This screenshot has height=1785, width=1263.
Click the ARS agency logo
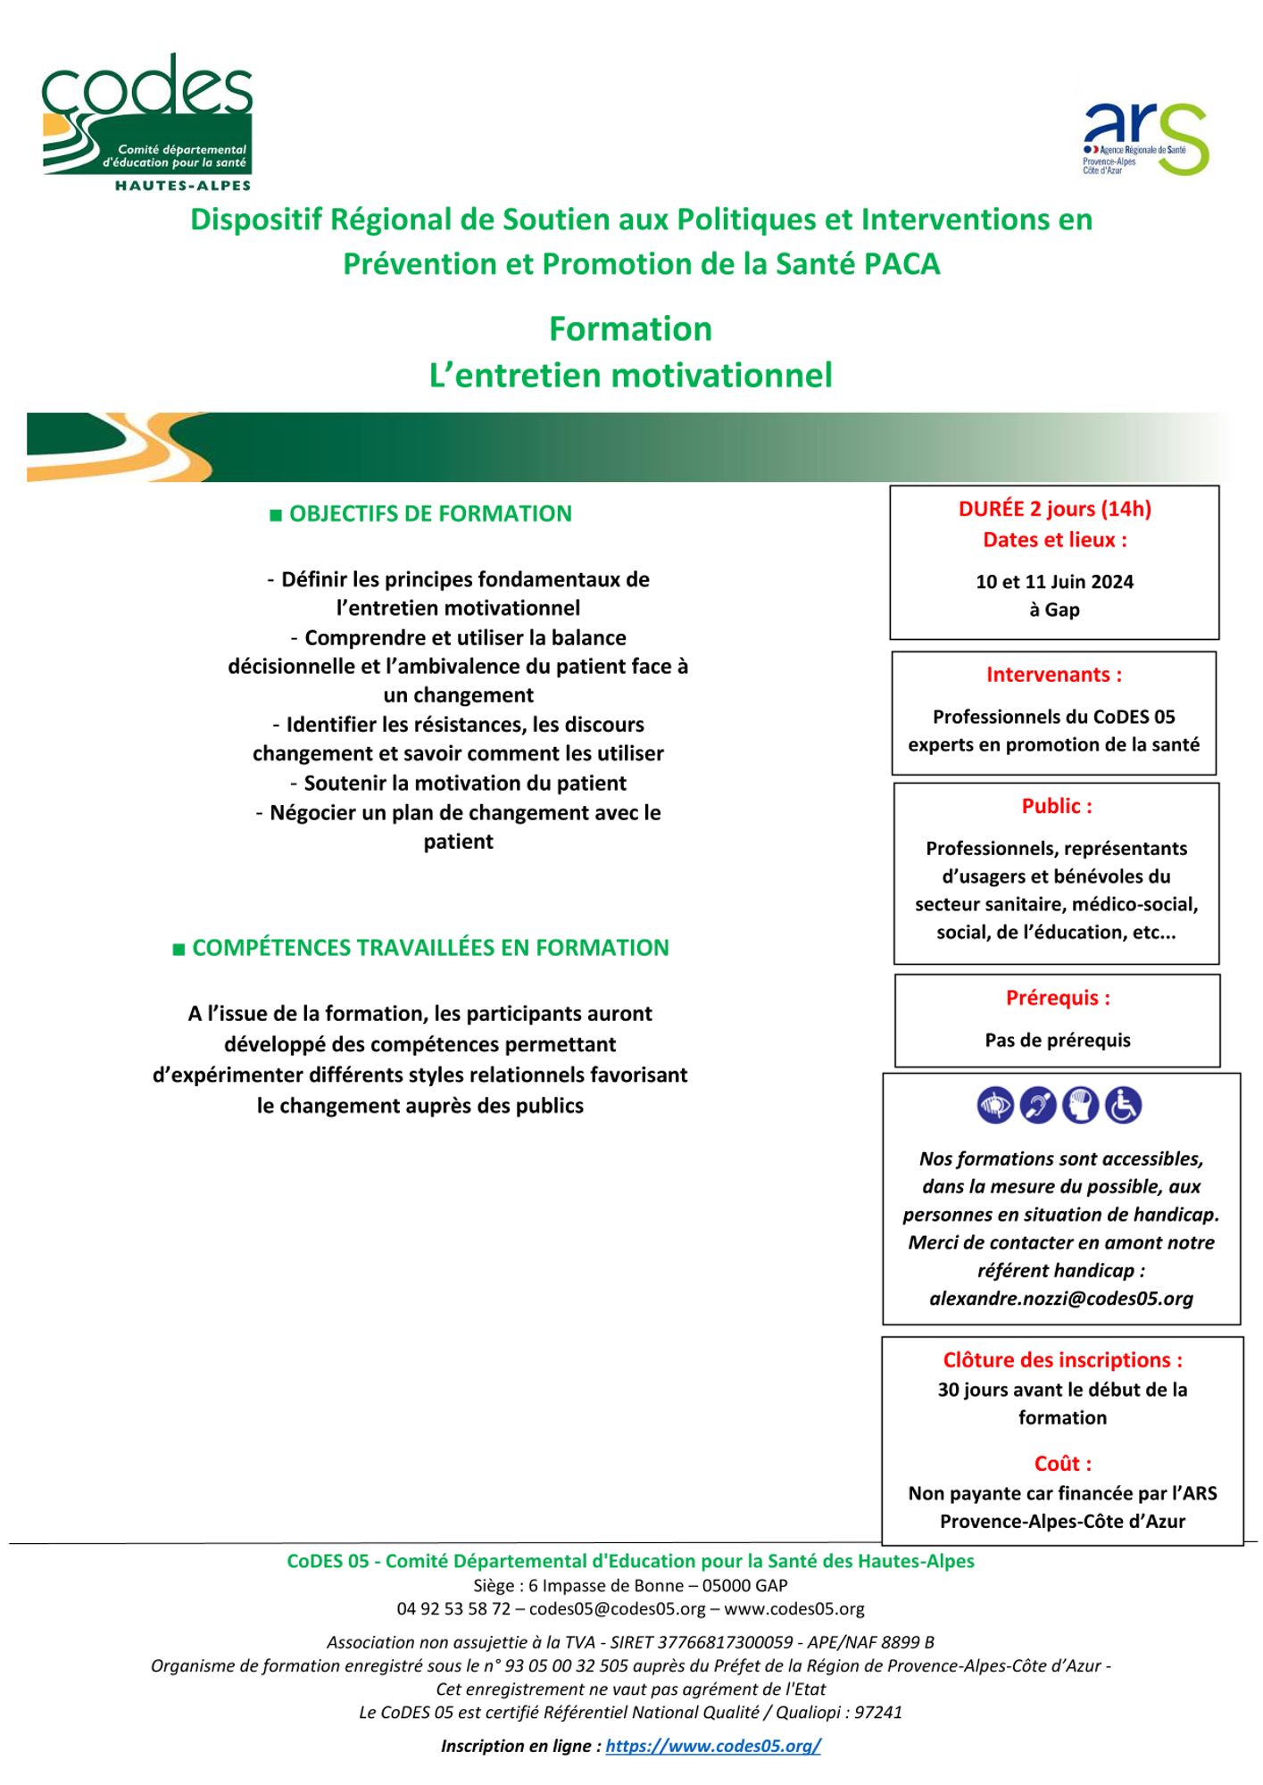click(x=1145, y=138)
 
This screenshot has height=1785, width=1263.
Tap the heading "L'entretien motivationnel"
click(x=630, y=375)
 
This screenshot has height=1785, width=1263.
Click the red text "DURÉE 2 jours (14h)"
click(x=1054, y=509)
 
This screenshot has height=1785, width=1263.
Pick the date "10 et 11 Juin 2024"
click(x=1054, y=582)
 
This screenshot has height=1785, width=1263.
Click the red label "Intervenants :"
click(x=1054, y=675)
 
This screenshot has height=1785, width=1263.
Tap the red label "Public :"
click(x=1057, y=806)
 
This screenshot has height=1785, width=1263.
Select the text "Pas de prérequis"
click(x=1058, y=1040)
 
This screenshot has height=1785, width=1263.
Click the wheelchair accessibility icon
click(x=1123, y=1106)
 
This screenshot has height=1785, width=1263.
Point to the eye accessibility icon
click(x=995, y=1106)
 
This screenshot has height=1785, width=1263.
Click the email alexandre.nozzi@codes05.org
click(x=1061, y=1299)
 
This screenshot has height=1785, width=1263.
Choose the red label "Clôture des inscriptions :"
click(x=1062, y=1360)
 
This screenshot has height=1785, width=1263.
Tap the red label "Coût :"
click(x=1062, y=1464)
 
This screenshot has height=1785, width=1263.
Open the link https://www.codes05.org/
click(x=713, y=1747)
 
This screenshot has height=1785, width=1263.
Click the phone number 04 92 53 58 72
click(x=453, y=1609)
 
